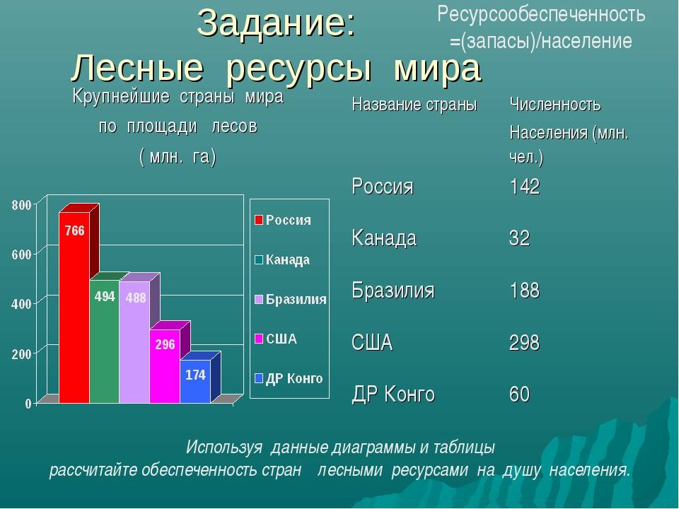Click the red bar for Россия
pyautogui.click(x=74, y=308)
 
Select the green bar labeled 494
pyautogui.click(x=105, y=342)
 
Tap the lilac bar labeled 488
pyautogui.click(x=134, y=342)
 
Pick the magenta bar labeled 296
pyautogui.click(x=165, y=366)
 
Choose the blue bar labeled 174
pyautogui.click(x=195, y=381)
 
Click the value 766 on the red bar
pyautogui.click(x=74, y=230)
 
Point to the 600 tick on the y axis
pyautogui.click(x=22, y=255)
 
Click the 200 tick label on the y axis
pyautogui.click(x=22, y=354)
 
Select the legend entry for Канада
pyautogui.click(x=283, y=259)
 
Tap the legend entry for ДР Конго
pyautogui.click(x=289, y=379)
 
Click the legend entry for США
pyautogui.click(x=277, y=339)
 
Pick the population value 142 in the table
pyautogui.click(x=524, y=187)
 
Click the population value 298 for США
pyautogui.click(x=524, y=343)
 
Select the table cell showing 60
pyautogui.click(x=519, y=394)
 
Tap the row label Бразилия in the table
pyautogui.click(x=393, y=290)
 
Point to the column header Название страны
pyautogui.click(x=414, y=105)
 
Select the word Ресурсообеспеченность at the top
pyautogui.click(x=541, y=14)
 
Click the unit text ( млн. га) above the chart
pyautogui.click(x=178, y=156)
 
